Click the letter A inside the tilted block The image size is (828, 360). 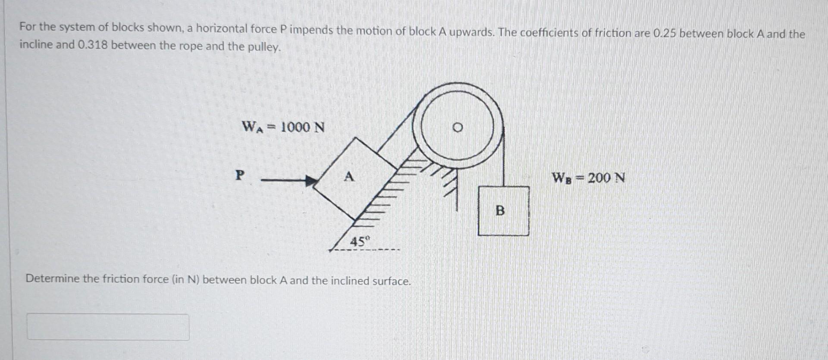(x=349, y=176)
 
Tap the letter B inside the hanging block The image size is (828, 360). (x=500, y=211)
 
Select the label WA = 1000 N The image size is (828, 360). (x=283, y=127)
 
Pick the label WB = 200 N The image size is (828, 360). (x=588, y=178)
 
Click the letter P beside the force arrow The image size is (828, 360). (x=240, y=175)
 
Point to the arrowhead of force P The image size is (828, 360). (x=310, y=181)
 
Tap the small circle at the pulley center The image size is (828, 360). (x=458, y=128)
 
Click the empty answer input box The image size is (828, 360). (x=108, y=327)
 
